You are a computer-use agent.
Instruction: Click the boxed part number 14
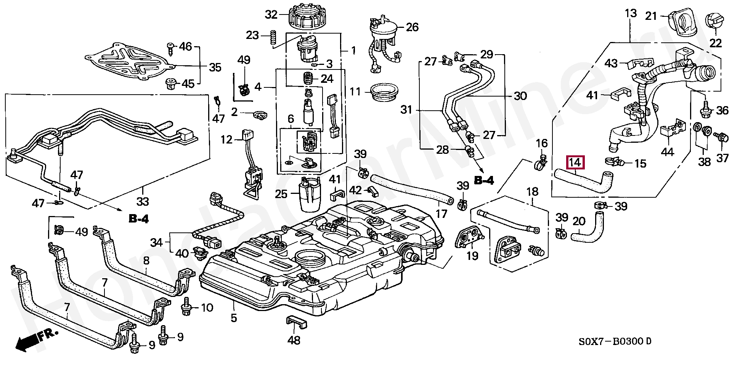click(x=575, y=163)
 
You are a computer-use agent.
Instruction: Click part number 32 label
click(x=271, y=15)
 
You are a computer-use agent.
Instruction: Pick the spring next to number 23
click(x=273, y=38)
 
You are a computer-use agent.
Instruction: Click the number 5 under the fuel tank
click(x=234, y=318)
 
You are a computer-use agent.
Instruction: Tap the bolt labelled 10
click(x=186, y=307)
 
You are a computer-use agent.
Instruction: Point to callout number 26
click(x=412, y=27)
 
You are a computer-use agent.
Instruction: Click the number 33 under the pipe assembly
click(x=143, y=201)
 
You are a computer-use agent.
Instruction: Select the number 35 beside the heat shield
click(x=215, y=68)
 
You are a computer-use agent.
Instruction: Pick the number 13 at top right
click(x=631, y=14)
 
